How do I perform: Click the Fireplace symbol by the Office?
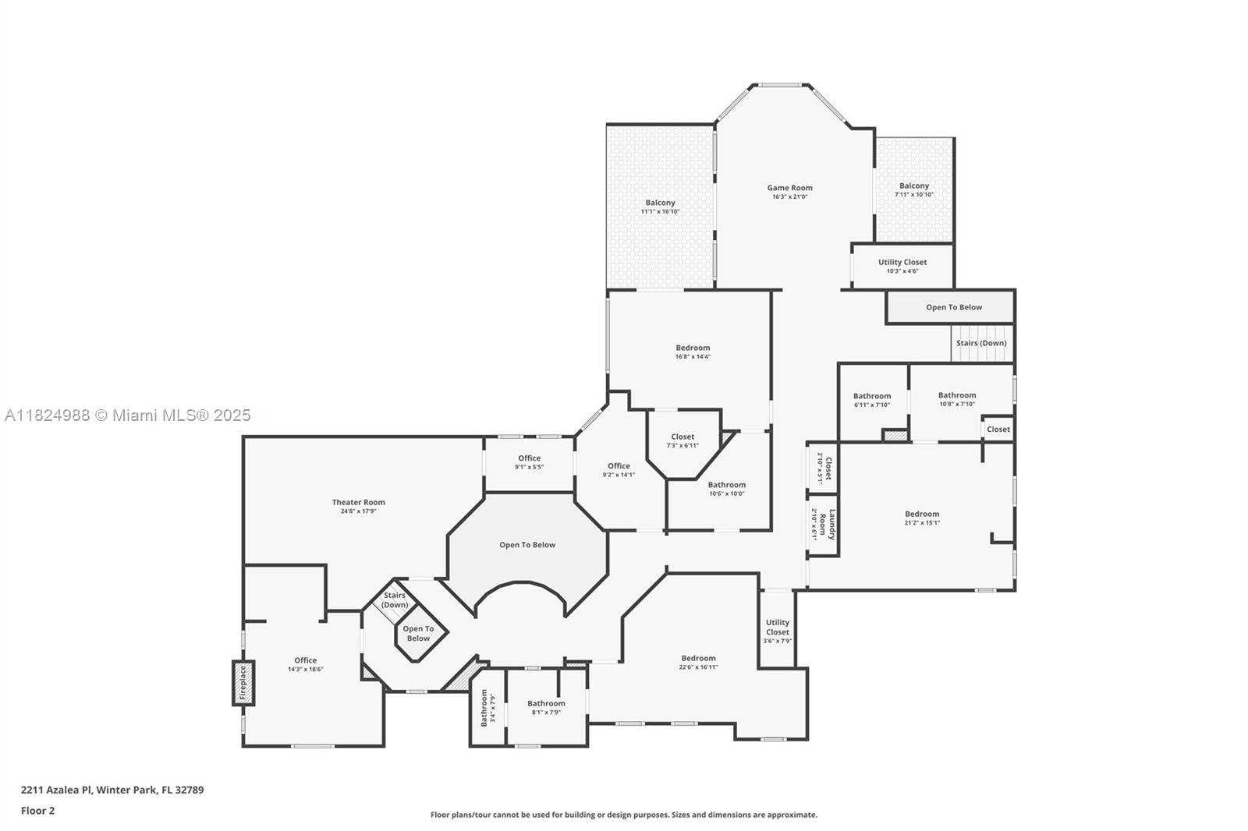[x=243, y=684]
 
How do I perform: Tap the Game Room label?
[x=789, y=188]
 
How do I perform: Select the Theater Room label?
[x=358, y=503]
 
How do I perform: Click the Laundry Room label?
[x=827, y=525]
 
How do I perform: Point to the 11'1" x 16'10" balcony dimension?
[x=660, y=211]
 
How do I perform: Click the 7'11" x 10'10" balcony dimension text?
[x=913, y=195]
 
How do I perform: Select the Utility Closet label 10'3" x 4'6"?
[x=902, y=263]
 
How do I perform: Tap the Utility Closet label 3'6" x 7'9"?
[x=777, y=628]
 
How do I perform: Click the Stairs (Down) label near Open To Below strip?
[x=980, y=343]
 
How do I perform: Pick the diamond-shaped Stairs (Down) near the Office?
[x=395, y=599]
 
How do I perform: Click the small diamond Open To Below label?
[x=418, y=633]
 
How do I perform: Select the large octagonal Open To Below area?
[x=527, y=545]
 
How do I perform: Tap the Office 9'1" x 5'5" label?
[x=529, y=458]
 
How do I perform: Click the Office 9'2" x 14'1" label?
[x=619, y=466]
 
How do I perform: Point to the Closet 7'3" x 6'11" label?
[x=682, y=437]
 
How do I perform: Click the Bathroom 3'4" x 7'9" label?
[x=483, y=708]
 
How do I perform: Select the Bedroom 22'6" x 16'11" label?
[x=698, y=659]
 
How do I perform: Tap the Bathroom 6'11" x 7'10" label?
[x=871, y=396]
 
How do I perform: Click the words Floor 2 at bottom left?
[x=37, y=811]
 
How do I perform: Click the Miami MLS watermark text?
[x=128, y=415]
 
